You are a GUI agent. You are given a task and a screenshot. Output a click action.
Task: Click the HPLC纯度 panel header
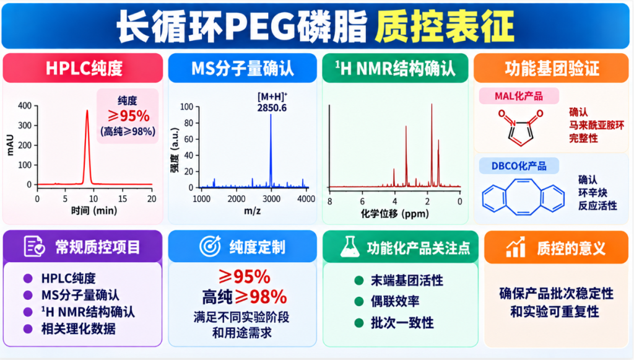[83, 68]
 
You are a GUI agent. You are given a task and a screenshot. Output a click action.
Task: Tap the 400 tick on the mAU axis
[25, 106]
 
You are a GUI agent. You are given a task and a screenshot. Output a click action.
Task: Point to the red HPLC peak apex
[87, 110]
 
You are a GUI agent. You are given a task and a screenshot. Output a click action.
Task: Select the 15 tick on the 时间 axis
[122, 199]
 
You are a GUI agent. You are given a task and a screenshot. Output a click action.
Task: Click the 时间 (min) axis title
[94, 211]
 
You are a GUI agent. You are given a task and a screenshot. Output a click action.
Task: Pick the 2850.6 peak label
[272, 108]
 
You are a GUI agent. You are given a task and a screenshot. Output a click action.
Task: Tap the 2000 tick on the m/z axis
[237, 199]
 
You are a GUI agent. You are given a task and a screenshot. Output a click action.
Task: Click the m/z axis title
[253, 211]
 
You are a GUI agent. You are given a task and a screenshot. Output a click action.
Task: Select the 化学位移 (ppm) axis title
[394, 213]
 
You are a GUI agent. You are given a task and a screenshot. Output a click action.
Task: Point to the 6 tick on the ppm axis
[362, 201]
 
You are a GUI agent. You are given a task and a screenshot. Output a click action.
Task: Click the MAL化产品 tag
[519, 96]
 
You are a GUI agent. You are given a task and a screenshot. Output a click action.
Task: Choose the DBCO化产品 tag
[519, 166]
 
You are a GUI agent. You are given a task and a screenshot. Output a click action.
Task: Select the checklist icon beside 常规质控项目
[34, 247]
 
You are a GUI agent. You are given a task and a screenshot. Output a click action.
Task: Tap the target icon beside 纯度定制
[211, 246]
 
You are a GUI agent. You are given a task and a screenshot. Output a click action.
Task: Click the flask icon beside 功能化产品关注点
[350, 247]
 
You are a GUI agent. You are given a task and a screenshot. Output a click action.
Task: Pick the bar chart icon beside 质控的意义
[516, 247]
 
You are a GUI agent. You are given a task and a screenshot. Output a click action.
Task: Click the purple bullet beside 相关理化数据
[28, 329]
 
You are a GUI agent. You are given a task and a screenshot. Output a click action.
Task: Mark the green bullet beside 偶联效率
[358, 301]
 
